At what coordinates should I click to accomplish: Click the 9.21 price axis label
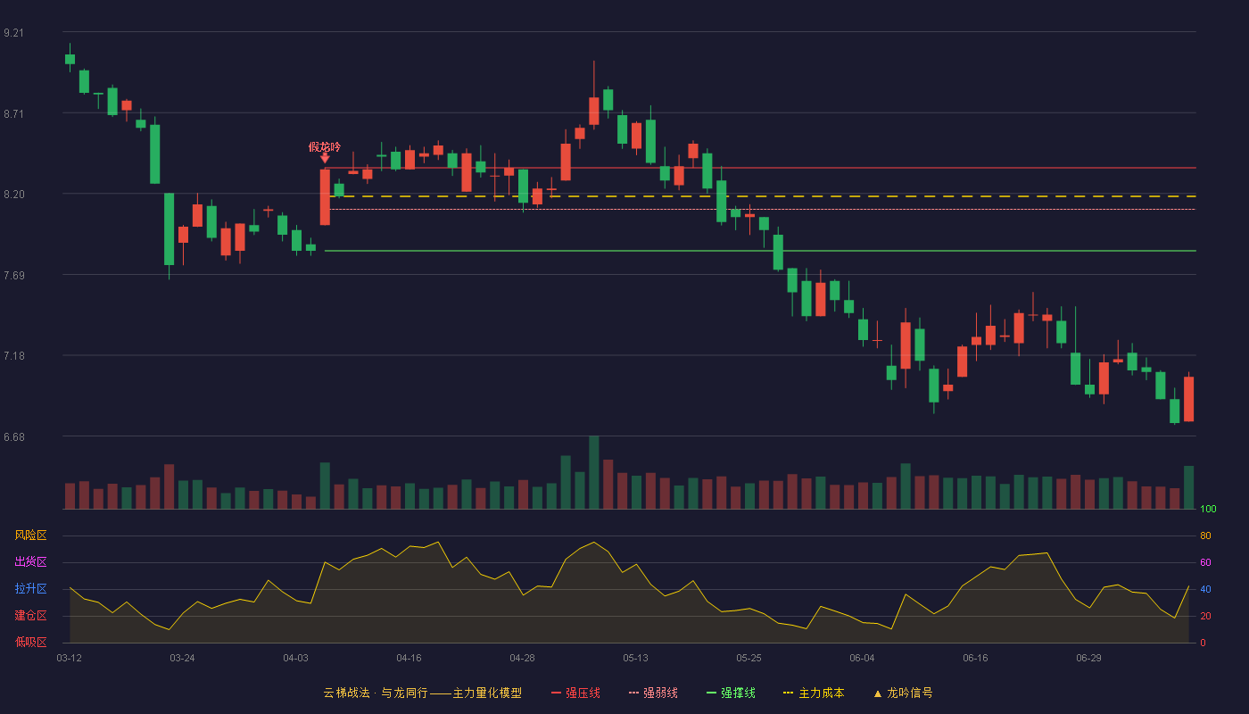[14, 33]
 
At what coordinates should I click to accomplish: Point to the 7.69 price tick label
[14, 276]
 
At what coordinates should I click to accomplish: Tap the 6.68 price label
[14, 437]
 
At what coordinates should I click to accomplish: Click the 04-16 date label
[409, 659]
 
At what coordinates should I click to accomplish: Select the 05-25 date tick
[749, 659]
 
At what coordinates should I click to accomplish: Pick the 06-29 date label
[1088, 659]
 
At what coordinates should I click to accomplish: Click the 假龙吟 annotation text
[325, 146]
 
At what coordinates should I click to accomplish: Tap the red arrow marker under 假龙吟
[325, 159]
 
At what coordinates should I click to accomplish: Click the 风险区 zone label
[30, 535]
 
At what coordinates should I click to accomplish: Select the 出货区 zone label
[30, 561]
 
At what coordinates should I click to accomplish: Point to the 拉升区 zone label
[30, 588]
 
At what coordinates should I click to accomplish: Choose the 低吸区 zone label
[30, 642]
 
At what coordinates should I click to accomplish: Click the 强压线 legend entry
[575, 693]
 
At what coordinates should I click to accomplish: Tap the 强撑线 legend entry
[731, 693]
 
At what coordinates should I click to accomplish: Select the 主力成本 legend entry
[814, 693]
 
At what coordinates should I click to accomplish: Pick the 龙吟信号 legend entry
[903, 693]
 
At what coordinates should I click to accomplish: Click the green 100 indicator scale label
[1208, 509]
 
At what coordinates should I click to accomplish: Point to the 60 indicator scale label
[1205, 562]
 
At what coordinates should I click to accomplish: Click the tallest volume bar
[594, 472]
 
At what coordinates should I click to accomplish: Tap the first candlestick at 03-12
[70, 59]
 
